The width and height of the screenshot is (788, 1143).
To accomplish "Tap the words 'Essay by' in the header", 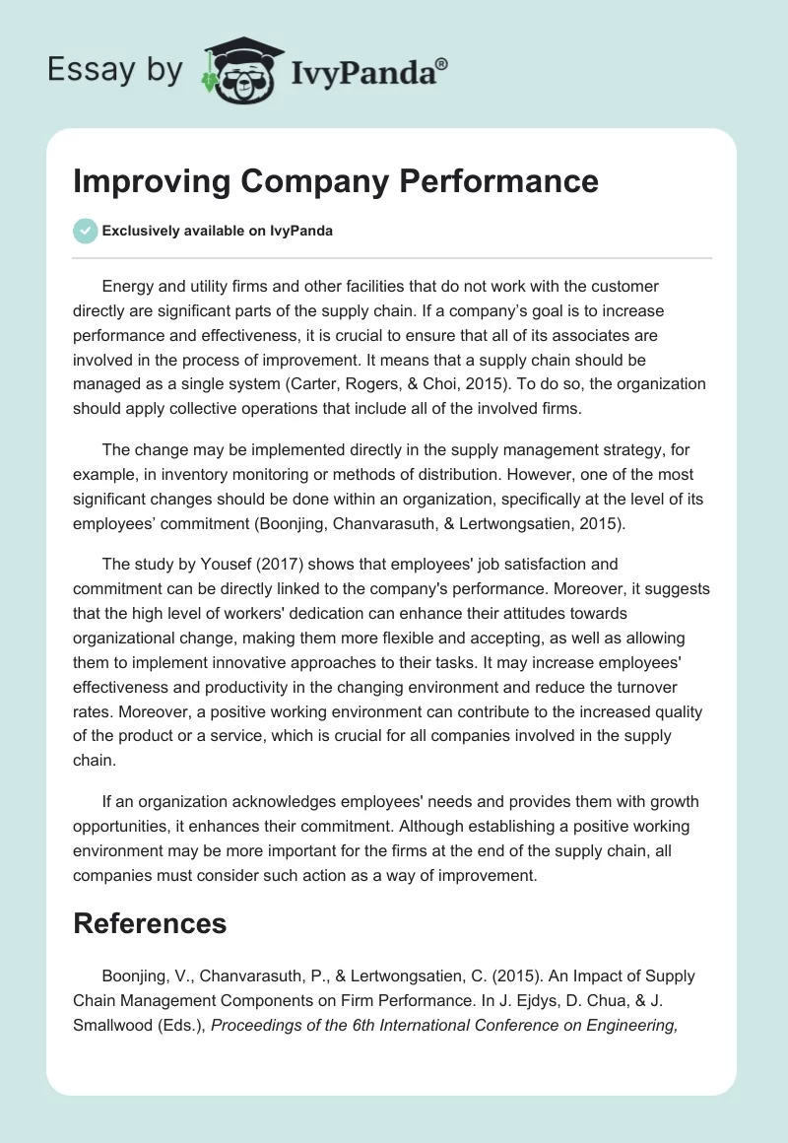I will tap(115, 70).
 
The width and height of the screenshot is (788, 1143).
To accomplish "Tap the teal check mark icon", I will tap(85, 231).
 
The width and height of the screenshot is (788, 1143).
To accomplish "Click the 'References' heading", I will tap(150, 923).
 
